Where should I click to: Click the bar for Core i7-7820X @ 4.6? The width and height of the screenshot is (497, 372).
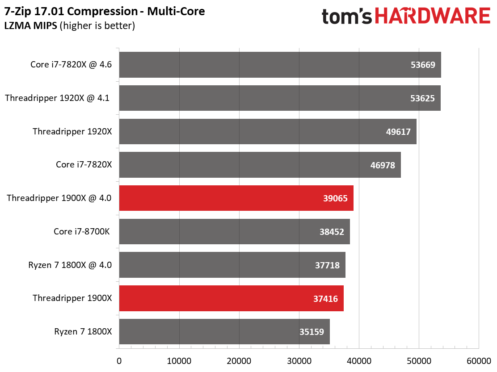coord(280,65)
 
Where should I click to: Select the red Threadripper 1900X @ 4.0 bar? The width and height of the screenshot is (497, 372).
coord(236,198)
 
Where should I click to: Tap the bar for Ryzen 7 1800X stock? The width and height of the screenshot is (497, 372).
coord(224,331)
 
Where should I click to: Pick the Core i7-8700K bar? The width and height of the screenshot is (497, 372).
coord(234,231)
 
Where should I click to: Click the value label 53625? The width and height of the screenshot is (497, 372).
coord(422,98)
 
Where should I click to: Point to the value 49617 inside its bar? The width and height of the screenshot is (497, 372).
coord(398,132)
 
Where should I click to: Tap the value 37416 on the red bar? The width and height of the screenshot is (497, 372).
coord(325,298)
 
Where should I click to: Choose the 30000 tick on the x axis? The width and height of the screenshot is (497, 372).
coord(299,360)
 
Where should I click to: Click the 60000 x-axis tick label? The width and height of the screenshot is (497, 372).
coord(479,360)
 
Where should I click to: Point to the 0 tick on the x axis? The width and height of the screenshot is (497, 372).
coord(119,360)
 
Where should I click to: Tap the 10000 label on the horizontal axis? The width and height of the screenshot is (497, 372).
coord(179,360)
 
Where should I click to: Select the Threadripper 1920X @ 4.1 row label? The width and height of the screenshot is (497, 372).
coord(57,98)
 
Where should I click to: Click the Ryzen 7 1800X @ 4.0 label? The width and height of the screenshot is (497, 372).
coord(70,265)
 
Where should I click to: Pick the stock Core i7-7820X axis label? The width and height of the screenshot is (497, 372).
coord(84,165)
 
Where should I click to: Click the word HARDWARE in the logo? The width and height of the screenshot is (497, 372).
coord(432,17)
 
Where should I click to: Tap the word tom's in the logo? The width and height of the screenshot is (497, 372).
coord(347,17)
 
